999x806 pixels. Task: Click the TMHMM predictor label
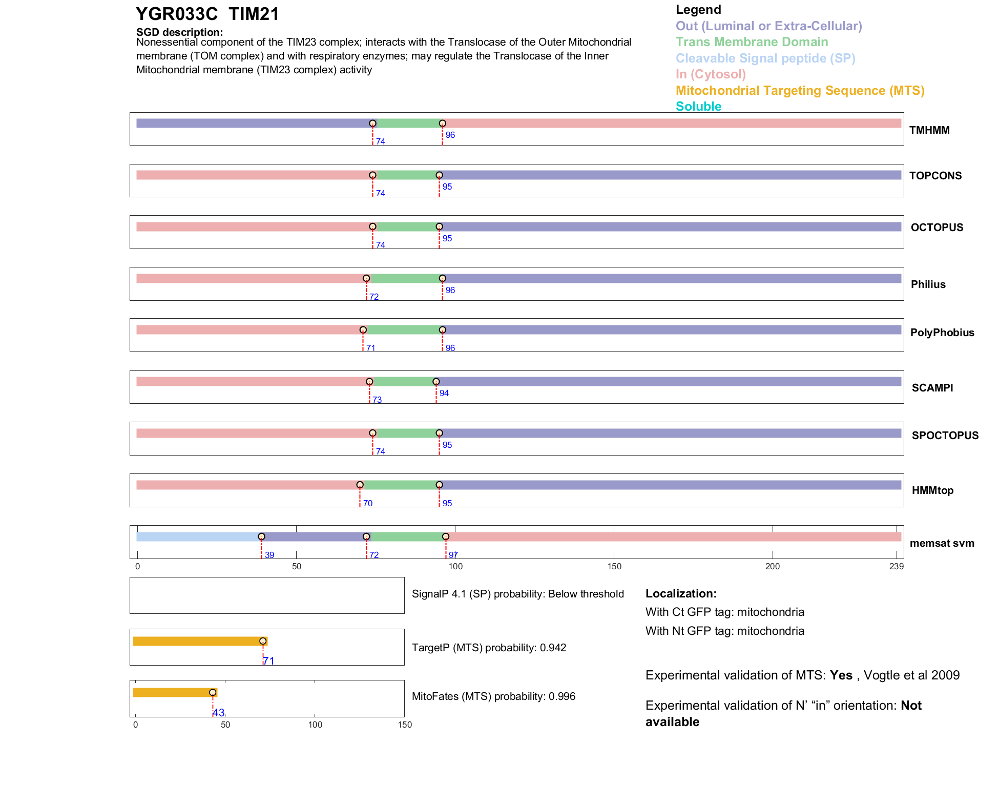pos(929,130)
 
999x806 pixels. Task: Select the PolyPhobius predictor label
pos(942,333)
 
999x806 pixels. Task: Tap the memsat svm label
pos(942,543)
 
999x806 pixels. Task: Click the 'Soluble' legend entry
pos(698,107)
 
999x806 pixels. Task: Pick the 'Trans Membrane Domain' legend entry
pos(752,42)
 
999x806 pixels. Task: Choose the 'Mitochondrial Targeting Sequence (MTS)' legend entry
pos(800,91)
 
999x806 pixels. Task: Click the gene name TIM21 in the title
pos(254,14)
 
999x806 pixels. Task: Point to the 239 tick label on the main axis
pos(897,566)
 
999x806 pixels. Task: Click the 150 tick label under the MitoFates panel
pos(405,725)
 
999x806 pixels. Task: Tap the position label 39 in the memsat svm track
pos(269,555)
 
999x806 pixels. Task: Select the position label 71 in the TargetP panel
pos(269,661)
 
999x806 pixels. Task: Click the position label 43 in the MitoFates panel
pos(218,713)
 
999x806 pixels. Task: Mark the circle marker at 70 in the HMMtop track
pos(360,485)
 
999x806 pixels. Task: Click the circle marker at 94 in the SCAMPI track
pos(436,382)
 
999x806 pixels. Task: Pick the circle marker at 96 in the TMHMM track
pos(443,123)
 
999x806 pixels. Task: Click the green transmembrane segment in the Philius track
pos(404,279)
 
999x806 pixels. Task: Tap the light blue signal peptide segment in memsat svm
pos(199,536)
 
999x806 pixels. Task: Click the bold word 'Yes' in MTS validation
pos(841,675)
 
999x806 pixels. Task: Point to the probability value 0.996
pos(562,696)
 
